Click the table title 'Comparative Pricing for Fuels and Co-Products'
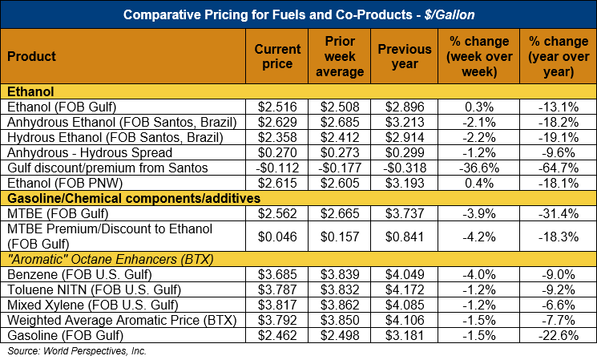point(298,14)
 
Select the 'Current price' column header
point(277,56)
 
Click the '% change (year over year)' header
point(558,56)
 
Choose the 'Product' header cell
point(31,56)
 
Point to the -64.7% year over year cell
point(558,168)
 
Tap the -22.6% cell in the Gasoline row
point(558,336)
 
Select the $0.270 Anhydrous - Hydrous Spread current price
point(277,152)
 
